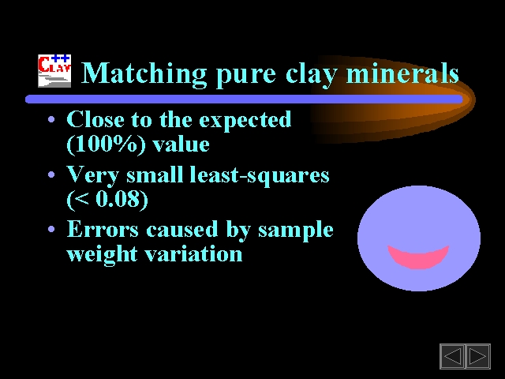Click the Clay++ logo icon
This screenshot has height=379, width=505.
point(54,71)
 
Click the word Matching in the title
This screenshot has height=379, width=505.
point(144,73)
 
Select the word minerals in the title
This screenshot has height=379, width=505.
point(402,73)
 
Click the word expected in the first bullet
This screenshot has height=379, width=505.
point(245,121)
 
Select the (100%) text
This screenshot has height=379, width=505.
point(106,144)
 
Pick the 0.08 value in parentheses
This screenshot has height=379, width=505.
point(118,199)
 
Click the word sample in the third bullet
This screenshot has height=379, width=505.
point(296,231)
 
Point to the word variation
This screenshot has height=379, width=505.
point(193,253)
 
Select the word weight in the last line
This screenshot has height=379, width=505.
point(102,255)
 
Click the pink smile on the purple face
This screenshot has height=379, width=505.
point(418,256)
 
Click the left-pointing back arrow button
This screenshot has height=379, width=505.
point(452,356)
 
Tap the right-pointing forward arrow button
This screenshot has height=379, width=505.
point(477,356)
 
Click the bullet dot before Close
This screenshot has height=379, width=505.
point(51,120)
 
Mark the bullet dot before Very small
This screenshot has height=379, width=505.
point(51,175)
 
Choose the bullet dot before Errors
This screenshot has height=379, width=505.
point(51,230)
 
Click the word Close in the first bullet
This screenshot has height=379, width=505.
point(95,119)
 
